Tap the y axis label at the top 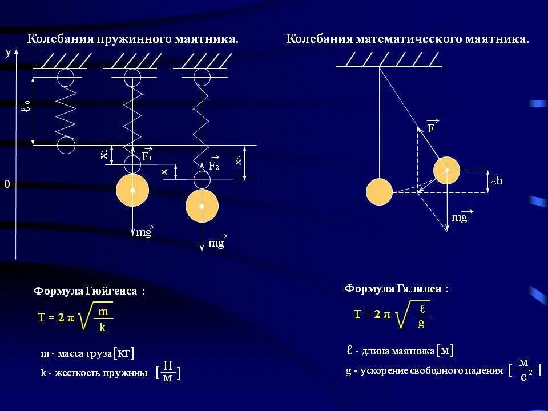tap(8, 53)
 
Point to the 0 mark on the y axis tap(7, 184)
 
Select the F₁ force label tap(147, 156)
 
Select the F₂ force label tap(214, 166)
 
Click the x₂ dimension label tap(239, 160)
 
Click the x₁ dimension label tap(104, 154)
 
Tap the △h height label tap(496, 181)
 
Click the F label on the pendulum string tap(431, 128)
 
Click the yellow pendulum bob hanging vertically tap(379, 192)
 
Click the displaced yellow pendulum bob tap(446, 171)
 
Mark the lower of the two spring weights tap(202, 205)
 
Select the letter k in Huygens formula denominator tap(103, 328)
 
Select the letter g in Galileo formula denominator tap(421, 324)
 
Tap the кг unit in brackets tap(124, 354)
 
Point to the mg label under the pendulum tap(460, 217)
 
